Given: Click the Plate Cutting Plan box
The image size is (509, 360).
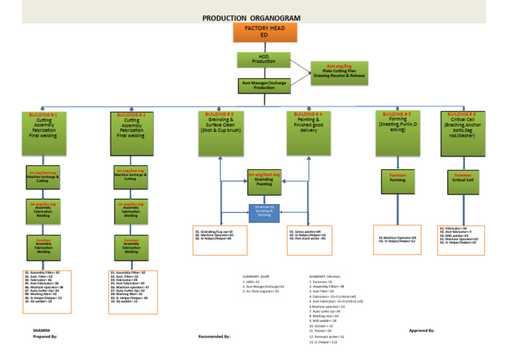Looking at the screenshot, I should (x=339, y=72).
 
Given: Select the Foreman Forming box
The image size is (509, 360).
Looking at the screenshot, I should (x=397, y=178).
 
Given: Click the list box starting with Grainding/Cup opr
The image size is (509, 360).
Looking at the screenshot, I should (x=219, y=235).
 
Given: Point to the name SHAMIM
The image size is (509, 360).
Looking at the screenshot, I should (x=41, y=330).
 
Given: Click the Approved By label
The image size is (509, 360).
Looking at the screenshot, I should (x=422, y=330).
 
